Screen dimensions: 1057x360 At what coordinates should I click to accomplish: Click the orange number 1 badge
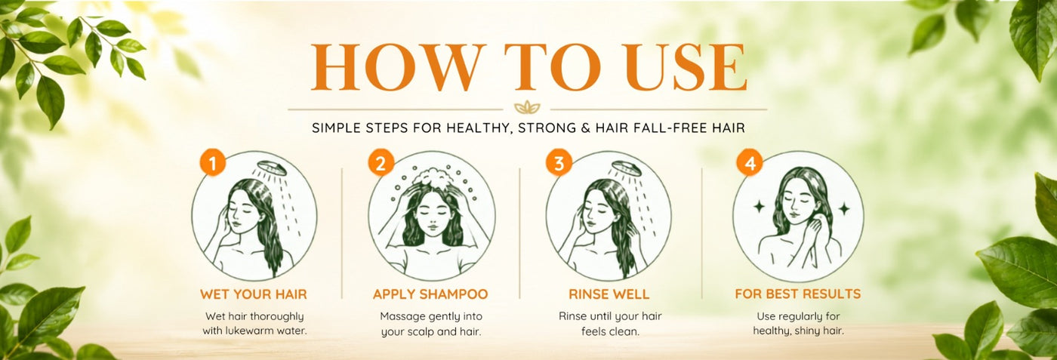click(x=212, y=163)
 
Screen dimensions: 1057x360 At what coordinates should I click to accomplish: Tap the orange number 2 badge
click(x=381, y=163)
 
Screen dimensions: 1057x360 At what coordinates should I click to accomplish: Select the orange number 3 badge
click(x=559, y=163)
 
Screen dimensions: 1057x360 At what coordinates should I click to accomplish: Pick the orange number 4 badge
click(x=749, y=163)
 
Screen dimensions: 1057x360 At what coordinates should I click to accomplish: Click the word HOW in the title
click(x=399, y=67)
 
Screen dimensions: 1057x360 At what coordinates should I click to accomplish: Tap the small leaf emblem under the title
click(x=527, y=108)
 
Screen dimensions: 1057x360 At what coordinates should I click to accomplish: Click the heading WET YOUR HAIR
click(x=254, y=294)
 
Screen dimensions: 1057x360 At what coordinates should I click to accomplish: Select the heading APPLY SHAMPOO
click(x=430, y=294)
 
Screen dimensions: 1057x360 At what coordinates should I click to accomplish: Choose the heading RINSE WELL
click(x=609, y=294)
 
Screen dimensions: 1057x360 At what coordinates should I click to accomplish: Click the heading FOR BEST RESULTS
click(x=798, y=294)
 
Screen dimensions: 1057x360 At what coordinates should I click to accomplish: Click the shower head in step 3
click(x=627, y=168)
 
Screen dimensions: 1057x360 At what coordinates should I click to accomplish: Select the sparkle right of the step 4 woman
click(x=844, y=208)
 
